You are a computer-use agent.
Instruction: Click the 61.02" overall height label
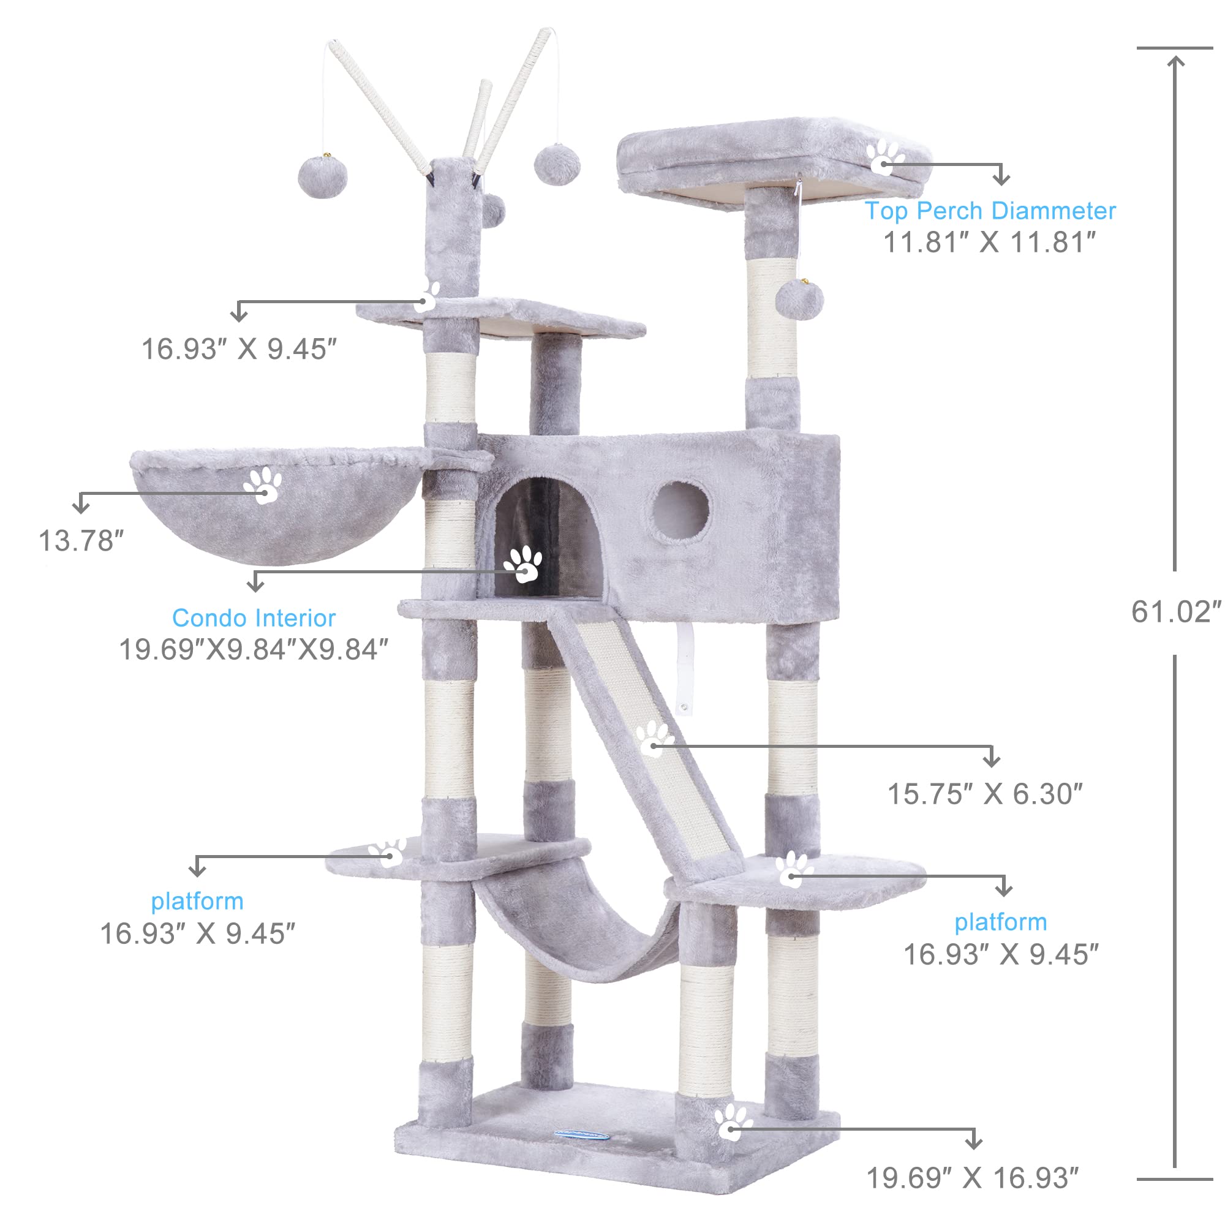click(1176, 612)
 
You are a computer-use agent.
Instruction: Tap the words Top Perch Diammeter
click(990, 211)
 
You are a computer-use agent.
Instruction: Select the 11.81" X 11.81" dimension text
click(990, 243)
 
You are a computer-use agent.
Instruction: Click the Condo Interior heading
click(254, 618)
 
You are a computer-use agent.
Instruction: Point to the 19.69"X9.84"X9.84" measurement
click(254, 649)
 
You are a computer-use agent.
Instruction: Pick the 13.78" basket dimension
click(81, 541)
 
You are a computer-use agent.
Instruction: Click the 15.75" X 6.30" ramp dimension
click(985, 794)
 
